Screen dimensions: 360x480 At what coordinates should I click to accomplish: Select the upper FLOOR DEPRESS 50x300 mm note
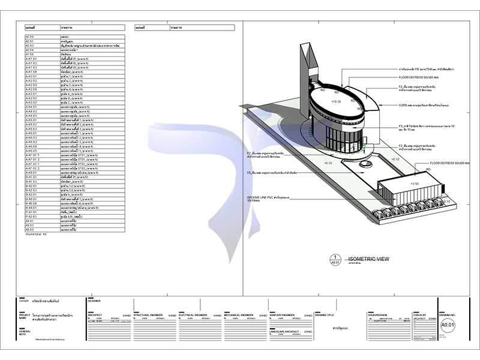click(422, 77)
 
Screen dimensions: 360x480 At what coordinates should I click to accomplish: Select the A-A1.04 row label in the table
click(32, 72)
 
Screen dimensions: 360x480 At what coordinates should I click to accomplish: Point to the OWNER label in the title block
click(24, 301)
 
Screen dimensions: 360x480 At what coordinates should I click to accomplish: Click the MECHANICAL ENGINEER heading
click(241, 314)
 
